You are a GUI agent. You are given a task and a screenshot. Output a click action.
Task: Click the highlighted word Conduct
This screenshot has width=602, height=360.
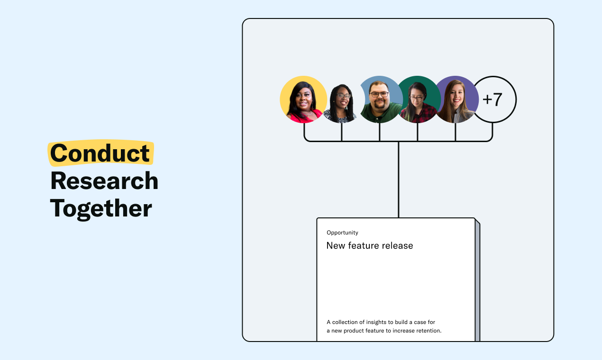pyautogui.click(x=100, y=153)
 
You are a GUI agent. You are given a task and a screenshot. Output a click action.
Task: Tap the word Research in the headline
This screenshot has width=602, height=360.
pyautogui.click(x=104, y=181)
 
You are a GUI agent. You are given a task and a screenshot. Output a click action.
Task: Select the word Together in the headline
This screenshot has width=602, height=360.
pyautogui.click(x=101, y=209)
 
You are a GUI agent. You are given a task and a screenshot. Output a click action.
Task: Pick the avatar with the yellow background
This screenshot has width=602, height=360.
pyautogui.click(x=303, y=99)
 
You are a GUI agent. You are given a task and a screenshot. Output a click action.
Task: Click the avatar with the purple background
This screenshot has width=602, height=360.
pyautogui.click(x=456, y=99)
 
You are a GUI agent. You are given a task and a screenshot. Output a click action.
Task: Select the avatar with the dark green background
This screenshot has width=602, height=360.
pyautogui.click(x=418, y=99)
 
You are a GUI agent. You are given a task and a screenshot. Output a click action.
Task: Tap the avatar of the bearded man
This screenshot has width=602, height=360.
pyautogui.click(x=380, y=99)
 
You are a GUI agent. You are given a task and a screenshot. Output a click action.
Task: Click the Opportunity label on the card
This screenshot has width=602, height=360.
pyautogui.click(x=342, y=233)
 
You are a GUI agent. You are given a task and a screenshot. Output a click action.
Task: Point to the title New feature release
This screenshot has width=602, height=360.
pyautogui.click(x=370, y=245)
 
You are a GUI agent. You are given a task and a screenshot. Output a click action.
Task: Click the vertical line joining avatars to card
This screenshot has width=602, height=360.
pyautogui.click(x=399, y=180)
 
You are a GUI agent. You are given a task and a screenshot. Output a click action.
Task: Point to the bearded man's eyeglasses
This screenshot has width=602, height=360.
pyautogui.click(x=379, y=95)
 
